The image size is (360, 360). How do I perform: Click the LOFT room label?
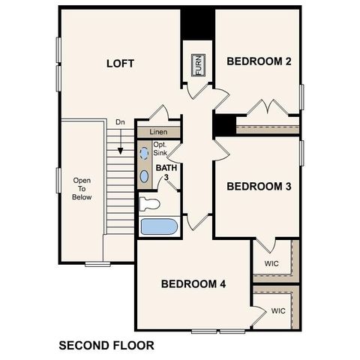(x=120, y=64)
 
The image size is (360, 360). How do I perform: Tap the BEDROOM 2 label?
(x=259, y=61)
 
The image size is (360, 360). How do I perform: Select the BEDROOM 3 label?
(x=259, y=186)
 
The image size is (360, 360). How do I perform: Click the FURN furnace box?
(x=198, y=65)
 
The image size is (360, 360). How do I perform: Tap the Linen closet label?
(x=158, y=132)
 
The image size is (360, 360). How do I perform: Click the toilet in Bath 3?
(x=150, y=202)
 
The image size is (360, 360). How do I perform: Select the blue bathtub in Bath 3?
(x=157, y=226)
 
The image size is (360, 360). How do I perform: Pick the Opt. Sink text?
(x=160, y=148)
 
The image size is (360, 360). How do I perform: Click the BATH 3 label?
(x=166, y=173)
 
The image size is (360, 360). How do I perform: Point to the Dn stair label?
(x=120, y=122)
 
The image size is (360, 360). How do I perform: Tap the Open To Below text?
(x=82, y=189)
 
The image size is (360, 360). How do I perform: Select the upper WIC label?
(x=271, y=264)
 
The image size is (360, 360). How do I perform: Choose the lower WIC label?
(x=278, y=310)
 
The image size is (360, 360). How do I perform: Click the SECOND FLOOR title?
(x=106, y=346)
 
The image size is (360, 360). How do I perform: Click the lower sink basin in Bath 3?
(x=145, y=176)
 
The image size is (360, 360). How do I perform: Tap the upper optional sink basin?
(x=145, y=153)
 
